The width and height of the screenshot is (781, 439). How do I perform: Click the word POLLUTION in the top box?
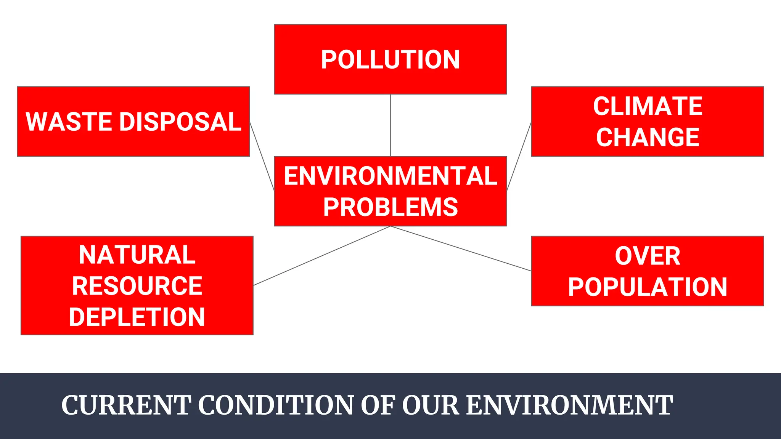tap(390, 60)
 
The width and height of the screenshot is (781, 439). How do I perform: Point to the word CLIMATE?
tap(648, 106)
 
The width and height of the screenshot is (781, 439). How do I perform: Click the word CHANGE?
tap(648, 137)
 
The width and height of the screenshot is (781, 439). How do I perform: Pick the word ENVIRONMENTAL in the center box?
tap(390, 176)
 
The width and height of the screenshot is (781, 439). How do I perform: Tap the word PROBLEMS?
tap(390, 207)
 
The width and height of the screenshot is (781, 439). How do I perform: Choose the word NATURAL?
tap(137, 255)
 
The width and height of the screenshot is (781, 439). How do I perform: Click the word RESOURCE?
tap(137, 286)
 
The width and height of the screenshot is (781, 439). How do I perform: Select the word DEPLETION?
tap(137, 317)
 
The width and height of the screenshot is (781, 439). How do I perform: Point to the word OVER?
tap(648, 256)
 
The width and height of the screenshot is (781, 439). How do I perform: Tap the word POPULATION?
tap(648, 287)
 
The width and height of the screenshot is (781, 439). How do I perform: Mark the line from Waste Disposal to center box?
tap(262, 156)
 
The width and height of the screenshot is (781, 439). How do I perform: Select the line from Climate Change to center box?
tap(519, 156)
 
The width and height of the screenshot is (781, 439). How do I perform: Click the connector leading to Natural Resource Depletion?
tap(322, 256)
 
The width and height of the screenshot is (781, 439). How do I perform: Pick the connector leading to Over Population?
tap(461, 248)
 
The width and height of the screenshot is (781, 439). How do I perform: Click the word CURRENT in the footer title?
tap(126, 405)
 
